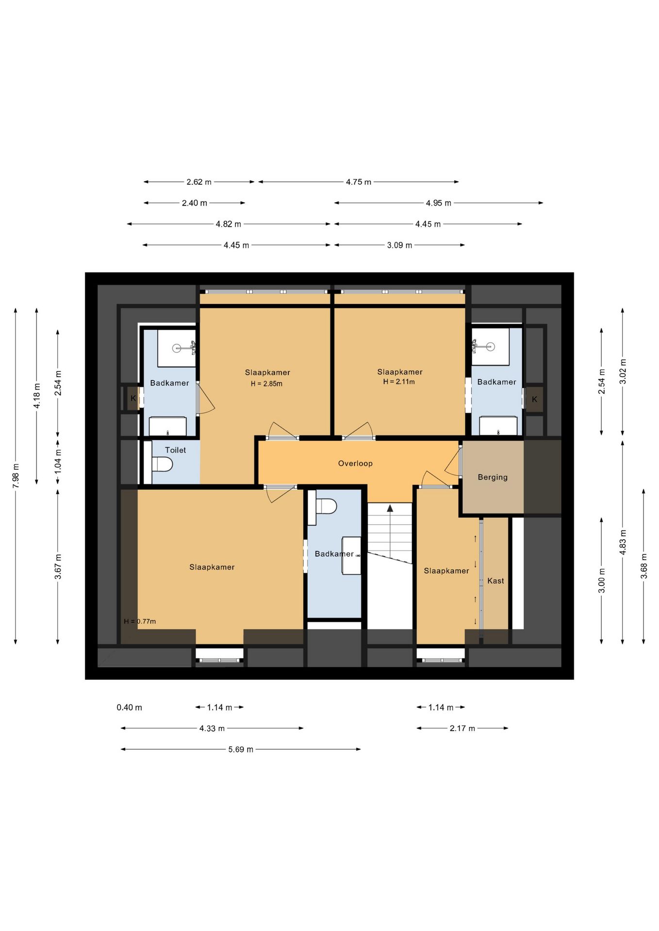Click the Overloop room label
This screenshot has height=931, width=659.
click(x=355, y=464)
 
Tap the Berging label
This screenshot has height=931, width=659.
click(x=493, y=477)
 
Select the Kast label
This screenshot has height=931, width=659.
click(x=495, y=581)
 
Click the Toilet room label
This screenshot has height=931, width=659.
click(x=175, y=450)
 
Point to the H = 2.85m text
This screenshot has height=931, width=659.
click(x=266, y=384)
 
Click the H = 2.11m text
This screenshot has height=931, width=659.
click(x=399, y=382)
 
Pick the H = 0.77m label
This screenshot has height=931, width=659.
click(x=140, y=621)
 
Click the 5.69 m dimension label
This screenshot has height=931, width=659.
click(x=241, y=749)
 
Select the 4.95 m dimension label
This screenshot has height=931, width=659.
click(x=438, y=203)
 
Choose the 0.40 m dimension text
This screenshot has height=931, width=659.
click(x=129, y=707)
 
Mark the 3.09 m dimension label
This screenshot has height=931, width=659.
click(x=399, y=245)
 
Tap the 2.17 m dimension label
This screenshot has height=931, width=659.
click(x=462, y=728)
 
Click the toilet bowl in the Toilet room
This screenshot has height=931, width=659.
click(x=162, y=465)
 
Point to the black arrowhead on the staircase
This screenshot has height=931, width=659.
click(x=390, y=508)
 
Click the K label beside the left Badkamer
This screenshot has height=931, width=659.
click(x=133, y=399)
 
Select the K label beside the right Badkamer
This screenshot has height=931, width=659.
click(x=534, y=400)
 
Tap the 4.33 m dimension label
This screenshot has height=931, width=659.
click(x=212, y=728)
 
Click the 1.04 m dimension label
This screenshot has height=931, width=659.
click(x=58, y=461)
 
